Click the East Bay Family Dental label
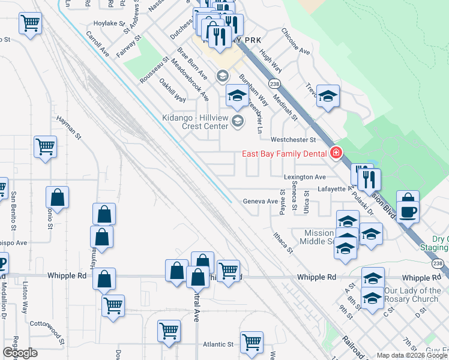click(x=284, y=154)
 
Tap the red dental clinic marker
click(x=336, y=154)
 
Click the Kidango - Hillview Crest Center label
click(x=195, y=122)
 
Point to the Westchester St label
click(x=293, y=140)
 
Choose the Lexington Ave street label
click(x=304, y=177)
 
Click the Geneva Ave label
click(x=259, y=202)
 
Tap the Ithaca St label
click(x=282, y=241)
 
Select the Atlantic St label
click(x=217, y=344)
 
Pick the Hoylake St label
click(x=103, y=24)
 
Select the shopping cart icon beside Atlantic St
click(x=252, y=342)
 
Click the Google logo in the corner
click(x=20, y=353)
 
